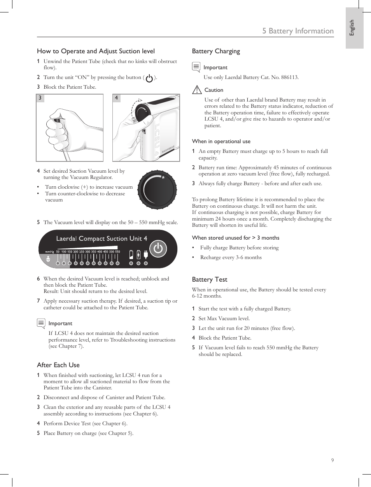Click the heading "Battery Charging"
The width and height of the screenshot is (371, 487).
(216, 51)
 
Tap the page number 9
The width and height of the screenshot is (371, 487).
(332, 460)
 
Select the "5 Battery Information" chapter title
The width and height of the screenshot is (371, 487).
(298, 31)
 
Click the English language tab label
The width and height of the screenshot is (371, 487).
(352, 28)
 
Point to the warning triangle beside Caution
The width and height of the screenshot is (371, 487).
(197, 90)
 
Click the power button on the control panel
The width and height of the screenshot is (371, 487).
(158, 249)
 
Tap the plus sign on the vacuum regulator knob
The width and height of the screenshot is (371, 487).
(163, 177)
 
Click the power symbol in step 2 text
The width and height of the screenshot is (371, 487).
(149, 78)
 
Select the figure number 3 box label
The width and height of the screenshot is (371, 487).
(40, 98)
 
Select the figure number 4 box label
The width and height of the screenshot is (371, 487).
(116, 98)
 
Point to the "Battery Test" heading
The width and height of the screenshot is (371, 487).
(210, 279)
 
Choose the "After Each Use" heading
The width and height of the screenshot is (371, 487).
(58, 365)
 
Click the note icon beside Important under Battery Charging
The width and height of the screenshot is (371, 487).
(196, 67)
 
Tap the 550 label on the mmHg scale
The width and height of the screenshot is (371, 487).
(117, 252)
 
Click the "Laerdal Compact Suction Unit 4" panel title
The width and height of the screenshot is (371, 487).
(101, 238)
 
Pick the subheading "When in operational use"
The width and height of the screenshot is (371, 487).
(221, 142)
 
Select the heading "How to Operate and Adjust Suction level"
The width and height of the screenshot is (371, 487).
(96, 51)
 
